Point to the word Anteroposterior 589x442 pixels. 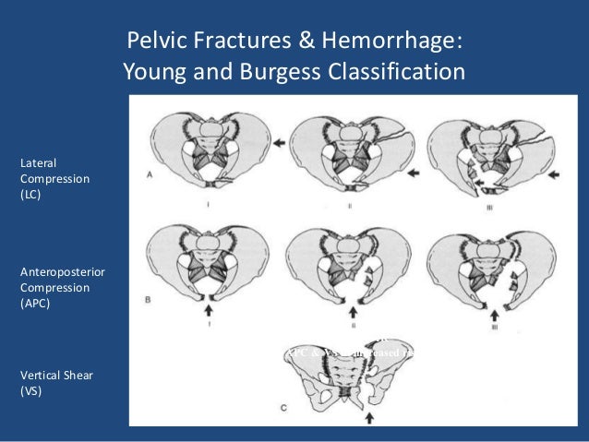(x=55, y=272)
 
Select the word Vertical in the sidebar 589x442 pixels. (x=41, y=376)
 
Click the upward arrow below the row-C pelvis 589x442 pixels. (x=369, y=418)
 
